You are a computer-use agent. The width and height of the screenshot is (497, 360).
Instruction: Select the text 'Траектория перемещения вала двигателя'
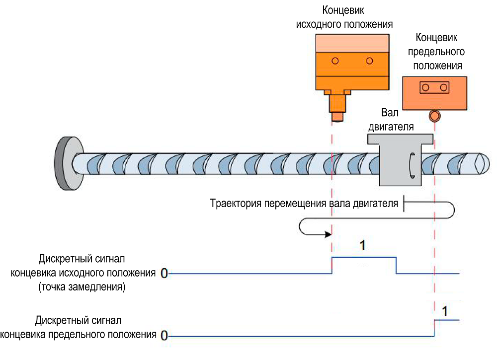click(x=304, y=204)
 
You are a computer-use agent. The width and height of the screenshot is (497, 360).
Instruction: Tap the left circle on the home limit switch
click(x=335, y=61)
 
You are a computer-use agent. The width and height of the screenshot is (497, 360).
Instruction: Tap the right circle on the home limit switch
click(x=369, y=61)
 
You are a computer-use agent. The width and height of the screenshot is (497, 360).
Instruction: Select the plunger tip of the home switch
click(x=338, y=117)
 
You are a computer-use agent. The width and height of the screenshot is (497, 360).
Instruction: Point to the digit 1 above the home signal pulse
click(x=362, y=246)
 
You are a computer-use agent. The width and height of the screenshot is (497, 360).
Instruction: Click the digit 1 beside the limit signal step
click(x=445, y=312)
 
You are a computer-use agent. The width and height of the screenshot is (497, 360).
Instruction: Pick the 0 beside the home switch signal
click(x=164, y=273)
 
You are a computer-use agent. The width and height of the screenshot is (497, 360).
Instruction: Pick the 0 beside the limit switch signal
click(x=164, y=336)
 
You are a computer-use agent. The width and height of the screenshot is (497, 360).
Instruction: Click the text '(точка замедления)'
click(x=81, y=287)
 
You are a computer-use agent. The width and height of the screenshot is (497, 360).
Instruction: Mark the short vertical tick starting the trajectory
click(x=404, y=204)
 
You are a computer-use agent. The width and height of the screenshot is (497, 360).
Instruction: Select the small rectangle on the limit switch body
click(x=434, y=88)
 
